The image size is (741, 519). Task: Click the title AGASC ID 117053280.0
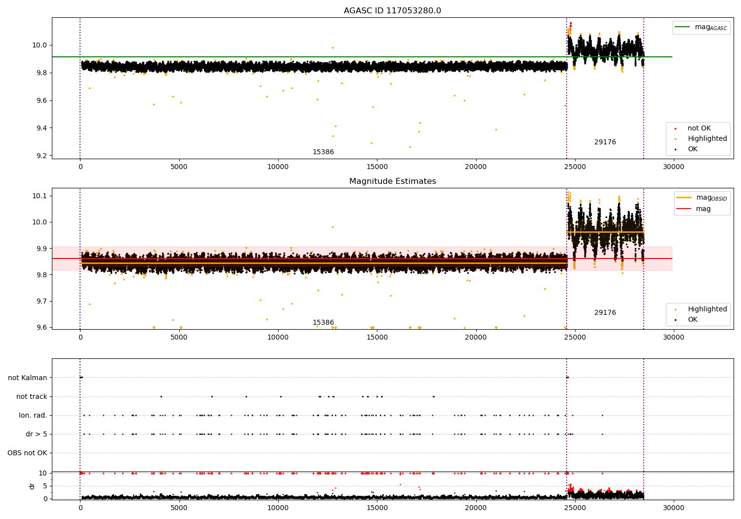pos(392,11)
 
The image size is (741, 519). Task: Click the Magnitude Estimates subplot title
pos(392,181)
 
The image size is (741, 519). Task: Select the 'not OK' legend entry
pos(699,129)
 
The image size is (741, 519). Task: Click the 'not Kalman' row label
pos(28,378)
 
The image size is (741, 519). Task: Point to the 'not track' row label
pos(32,396)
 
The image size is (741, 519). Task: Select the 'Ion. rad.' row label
pos(33,415)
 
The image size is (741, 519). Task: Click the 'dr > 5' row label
pos(37,434)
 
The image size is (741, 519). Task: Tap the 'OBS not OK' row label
pos(27,453)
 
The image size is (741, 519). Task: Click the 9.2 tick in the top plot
pos(42,156)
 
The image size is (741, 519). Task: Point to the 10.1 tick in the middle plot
pos(40,196)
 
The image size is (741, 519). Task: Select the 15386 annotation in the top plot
pos(323,152)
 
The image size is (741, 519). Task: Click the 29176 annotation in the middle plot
pos(605,313)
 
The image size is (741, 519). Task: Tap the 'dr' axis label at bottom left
pos(32,486)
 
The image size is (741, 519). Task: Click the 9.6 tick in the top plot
pos(42,100)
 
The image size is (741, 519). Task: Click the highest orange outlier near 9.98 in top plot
pos(332,47)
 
